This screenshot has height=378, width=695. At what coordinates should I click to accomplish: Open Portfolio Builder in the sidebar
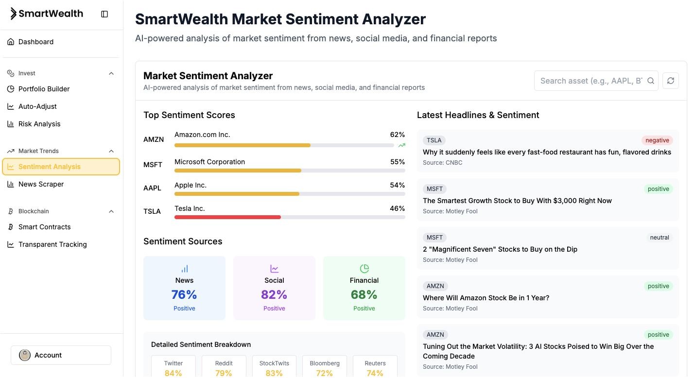44,89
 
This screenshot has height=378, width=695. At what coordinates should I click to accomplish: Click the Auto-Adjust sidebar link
37,106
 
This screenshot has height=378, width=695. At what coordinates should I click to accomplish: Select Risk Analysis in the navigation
39,124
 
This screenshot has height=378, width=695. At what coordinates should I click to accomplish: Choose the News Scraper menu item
41,184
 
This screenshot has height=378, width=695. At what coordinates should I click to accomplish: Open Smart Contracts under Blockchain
44,227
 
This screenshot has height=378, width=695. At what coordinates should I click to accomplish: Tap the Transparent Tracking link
52,244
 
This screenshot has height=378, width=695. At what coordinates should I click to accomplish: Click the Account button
61,355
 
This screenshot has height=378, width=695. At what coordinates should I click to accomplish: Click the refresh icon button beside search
671,81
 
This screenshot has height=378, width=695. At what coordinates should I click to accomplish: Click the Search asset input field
591,81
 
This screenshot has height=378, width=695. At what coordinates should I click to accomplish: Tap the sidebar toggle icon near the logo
104,14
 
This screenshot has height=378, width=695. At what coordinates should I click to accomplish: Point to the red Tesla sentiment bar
227,217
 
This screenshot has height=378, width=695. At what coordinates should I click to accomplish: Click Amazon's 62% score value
397,135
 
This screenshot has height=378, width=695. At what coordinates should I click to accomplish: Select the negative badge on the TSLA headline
657,140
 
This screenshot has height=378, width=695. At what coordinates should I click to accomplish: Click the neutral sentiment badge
659,238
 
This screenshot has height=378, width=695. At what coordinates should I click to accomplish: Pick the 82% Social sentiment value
274,294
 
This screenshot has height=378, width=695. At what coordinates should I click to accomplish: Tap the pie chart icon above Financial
364,269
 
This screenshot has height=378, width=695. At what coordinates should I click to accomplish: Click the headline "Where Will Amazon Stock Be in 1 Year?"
486,298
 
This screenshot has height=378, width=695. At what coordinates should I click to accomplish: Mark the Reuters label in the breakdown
375,363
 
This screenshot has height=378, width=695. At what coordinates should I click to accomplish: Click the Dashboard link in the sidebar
36,42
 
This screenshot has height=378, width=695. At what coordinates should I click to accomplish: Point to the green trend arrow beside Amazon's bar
401,145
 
